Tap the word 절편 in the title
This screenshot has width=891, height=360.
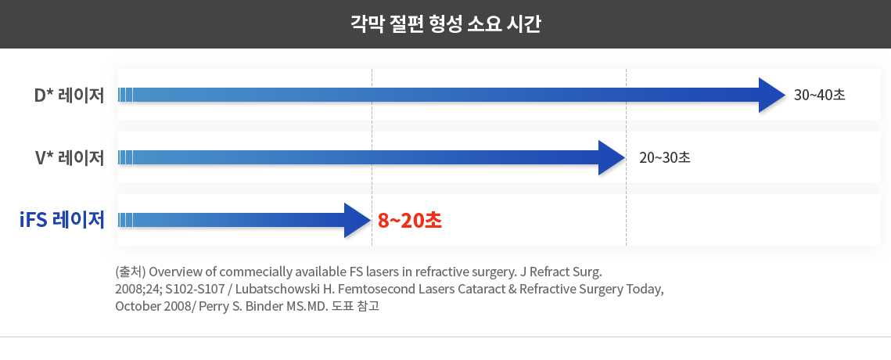point(401,23)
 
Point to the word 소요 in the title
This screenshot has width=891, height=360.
point(481,23)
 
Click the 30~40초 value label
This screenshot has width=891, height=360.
point(820,95)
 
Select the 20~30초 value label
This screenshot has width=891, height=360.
point(664,158)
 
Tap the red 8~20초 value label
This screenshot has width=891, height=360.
point(410,221)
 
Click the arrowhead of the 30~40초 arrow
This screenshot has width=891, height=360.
point(771,95)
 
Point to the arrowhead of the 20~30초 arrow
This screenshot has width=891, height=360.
point(611,158)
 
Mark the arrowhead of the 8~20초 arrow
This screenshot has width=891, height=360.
point(357,221)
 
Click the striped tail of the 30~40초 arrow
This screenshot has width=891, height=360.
point(126,95)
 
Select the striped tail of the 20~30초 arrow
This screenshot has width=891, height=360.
point(126,158)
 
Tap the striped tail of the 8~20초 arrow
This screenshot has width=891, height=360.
point(126,221)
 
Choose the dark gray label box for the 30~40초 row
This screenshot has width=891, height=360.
point(69,95)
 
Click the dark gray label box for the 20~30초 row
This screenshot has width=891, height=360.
point(69,158)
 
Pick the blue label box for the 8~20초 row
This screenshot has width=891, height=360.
point(62,221)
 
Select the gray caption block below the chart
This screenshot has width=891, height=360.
point(352,289)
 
